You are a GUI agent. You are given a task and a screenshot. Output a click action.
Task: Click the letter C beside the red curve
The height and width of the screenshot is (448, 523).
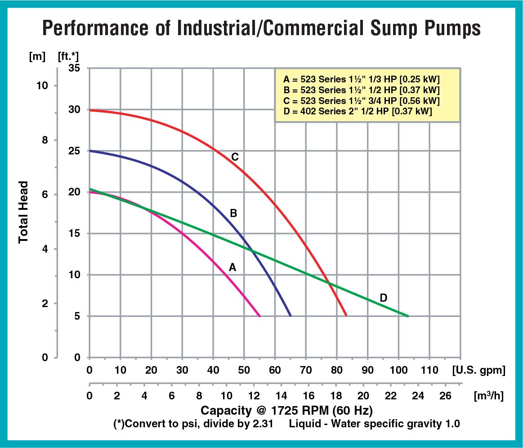(x=234, y=157)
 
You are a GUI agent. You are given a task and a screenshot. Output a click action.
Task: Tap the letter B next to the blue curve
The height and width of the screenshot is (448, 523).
(x=233, y=213)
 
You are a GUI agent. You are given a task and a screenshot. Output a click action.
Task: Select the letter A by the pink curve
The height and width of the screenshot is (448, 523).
(x=232, y=267)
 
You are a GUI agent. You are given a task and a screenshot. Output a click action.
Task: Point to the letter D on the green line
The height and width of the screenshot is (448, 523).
(x=384, y=298)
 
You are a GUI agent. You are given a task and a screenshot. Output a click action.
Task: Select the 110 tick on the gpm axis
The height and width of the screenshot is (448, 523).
(x=429, y=371)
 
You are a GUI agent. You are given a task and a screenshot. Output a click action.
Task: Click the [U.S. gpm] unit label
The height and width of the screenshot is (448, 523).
(x=478, y=371)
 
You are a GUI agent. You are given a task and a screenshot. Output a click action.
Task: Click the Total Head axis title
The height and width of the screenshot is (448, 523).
(x=23, y=212)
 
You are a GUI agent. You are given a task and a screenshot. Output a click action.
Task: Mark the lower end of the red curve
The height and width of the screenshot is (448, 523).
(x=346, y=315)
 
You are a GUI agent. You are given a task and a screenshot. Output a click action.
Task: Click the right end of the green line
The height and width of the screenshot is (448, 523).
(x=408, y=316)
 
